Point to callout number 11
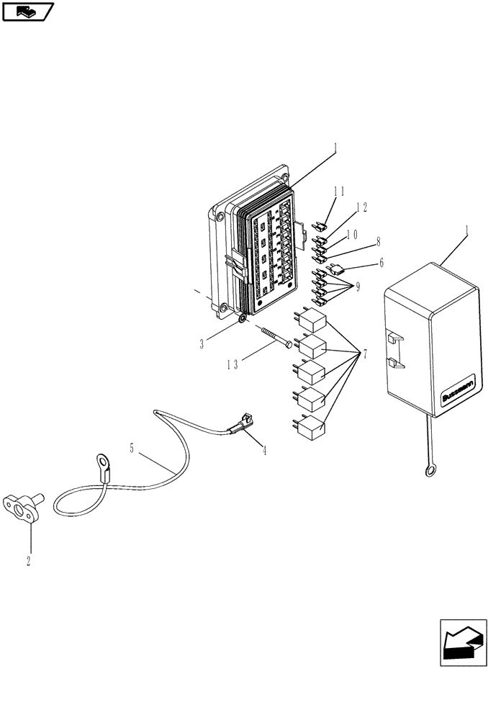pyautogui.click(x=338, y=190)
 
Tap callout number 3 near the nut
pyautogui.click(x=203, y=344)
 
